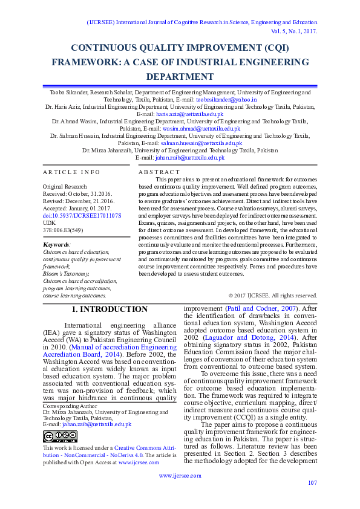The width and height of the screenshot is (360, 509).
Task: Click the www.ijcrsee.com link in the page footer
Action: point(180,476)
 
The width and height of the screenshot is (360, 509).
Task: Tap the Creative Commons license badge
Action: point(60,436)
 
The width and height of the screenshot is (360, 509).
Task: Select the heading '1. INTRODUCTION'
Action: point(110,309)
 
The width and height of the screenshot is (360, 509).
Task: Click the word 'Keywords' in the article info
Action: point(56,245)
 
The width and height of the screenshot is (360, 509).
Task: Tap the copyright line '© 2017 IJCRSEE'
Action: point(272,295)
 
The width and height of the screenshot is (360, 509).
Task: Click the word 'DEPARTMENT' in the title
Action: point(180,76)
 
